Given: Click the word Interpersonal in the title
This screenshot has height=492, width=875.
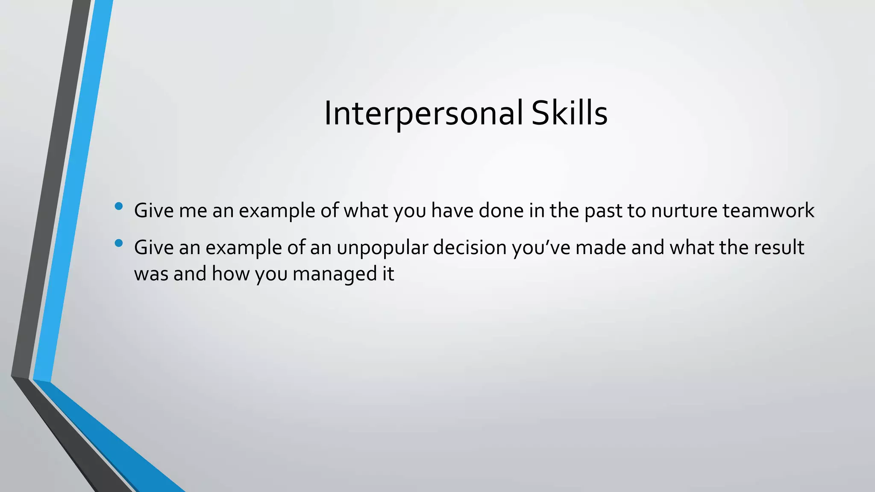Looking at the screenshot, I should pos(423,113).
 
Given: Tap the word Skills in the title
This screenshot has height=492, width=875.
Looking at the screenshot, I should pos(569,113).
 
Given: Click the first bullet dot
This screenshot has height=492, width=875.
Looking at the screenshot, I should pos(119,207).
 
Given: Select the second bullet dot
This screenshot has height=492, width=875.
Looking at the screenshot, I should pos(119,243).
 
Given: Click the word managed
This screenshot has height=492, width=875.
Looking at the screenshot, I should pos(332,274).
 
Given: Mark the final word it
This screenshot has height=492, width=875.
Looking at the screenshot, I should pos(388,274).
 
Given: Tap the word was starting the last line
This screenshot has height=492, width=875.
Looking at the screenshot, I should pos(151,274).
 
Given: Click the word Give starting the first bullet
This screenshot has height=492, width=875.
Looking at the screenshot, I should pos(154,211).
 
